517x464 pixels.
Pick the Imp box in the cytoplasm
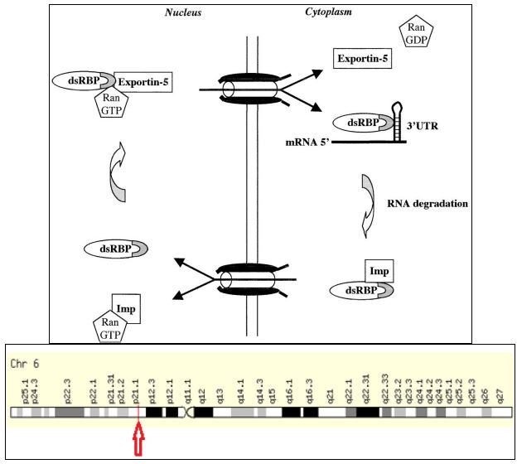pyautogui.click(x=378, y=270)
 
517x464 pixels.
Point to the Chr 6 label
pyautogui.click(x=25, y=364)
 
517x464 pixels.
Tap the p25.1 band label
pyautogui.click(x=24, y=388)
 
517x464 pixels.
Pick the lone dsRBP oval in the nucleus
pyautogui.click(x=116, y=248)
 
